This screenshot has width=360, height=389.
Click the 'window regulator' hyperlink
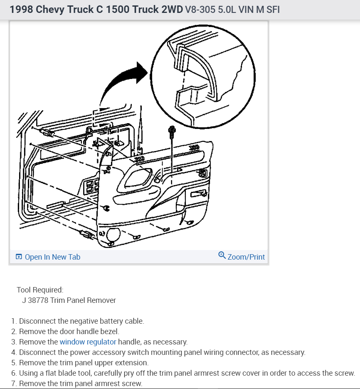point(88,342)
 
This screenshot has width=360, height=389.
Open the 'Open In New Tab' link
point(52,257)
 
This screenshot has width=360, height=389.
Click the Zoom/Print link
point(246,257)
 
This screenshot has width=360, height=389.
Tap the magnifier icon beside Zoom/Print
point(222,255)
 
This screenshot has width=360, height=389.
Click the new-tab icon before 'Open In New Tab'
point(19,257)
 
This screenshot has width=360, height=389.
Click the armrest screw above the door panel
point(171,132)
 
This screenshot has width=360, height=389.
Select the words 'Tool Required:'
point(40,290)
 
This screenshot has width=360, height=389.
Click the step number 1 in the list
point(14,321)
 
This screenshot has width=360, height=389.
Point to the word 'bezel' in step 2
point(109,332)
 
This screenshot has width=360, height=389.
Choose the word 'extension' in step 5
point(133,363)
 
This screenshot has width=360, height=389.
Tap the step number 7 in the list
point(14,384)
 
